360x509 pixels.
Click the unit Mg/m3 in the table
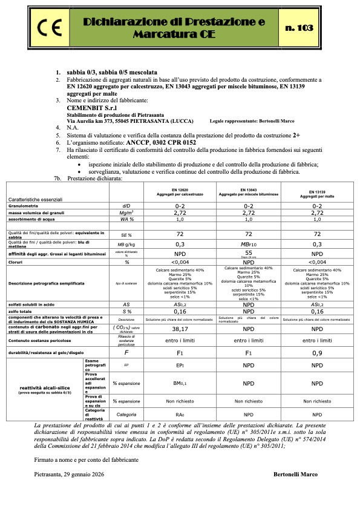[127, 213]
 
